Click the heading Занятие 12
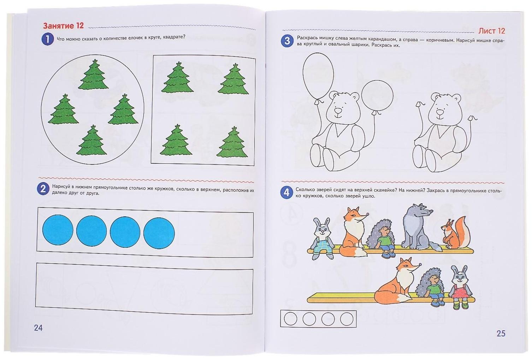pos(63,26)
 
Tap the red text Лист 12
pos(491,31)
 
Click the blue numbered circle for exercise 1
pos(47,39)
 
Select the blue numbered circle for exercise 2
pos(43,188)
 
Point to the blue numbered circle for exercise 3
pos(287,41)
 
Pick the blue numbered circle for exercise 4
pos(286,192)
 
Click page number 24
pos(38,328)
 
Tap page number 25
pos(501,333)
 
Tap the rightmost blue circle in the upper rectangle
pos(159,231)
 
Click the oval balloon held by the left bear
pos(318,74)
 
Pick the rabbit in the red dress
pos(460,286)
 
